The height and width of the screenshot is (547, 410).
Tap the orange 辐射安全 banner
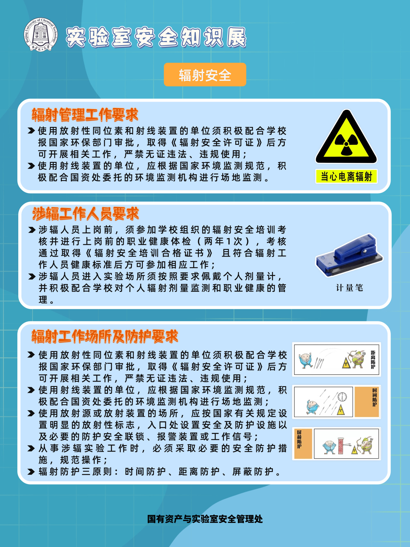coord(205,75)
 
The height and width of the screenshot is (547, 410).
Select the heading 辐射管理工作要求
coord(85,114)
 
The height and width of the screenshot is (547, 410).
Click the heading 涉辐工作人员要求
coord(86,213)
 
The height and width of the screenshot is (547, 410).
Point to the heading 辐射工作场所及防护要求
coord(105,336)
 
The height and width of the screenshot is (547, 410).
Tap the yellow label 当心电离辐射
coord(346,176)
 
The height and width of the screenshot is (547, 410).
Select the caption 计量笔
coord(349,288)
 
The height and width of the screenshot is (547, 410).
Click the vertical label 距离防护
coord(373,360)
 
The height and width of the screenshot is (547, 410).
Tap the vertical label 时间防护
coord(374,397)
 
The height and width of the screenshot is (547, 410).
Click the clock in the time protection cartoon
coord(342,396)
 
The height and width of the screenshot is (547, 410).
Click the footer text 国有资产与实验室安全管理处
coord(205,519)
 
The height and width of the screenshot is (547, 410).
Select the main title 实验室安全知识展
coord(156,37)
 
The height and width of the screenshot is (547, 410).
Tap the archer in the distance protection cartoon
coord(358,359)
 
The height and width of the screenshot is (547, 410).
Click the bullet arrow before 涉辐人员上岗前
coord(32,230)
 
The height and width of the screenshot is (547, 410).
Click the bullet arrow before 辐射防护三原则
coord(31,472)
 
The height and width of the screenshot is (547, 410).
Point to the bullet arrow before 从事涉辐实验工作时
coord(31,448)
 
